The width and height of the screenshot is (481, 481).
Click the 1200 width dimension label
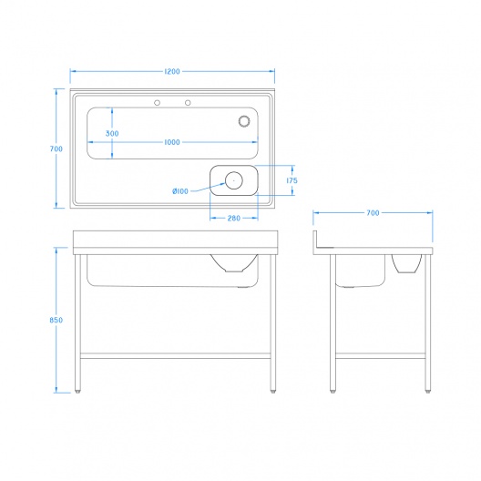pyautogui.click(x=172, y=71)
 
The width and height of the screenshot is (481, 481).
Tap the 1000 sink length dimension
pyautogui.click(x=172, y=142)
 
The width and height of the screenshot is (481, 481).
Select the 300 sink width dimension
pyautogui.click(x=112, y=133)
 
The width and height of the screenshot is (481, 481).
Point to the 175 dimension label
pyautogui.click(x=292, y=180)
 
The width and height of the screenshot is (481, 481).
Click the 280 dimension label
pyautogui.click(x=234, y=218)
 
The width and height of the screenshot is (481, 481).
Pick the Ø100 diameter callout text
pyautogui.click(x=180, y=191)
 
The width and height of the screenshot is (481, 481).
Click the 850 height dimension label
pyautogui.click(x=56, y=320)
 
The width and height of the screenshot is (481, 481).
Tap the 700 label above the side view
pyautogui.click(x=373, y=212)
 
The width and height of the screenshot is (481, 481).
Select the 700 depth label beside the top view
pyautogui.click(x=56, y=148)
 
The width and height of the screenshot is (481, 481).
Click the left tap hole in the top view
pyautogui.click(x=157, y=102)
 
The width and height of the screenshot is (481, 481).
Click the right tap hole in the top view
pyautogui.click(x=188, y=102)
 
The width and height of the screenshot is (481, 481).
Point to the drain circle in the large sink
pyautogui.click(x=244, y=121)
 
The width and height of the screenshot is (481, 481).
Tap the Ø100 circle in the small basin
pyautogui.click(x=234, y=180)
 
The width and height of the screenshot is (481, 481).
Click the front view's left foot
pyautogui.click(x=78, y=391)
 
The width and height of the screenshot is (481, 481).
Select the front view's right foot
pyautogui.click(x=273, y=391)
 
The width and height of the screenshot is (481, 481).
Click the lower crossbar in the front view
pyautogui.click(x=176, y=356)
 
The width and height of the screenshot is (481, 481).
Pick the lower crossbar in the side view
pyautogui.click(x=381, y=356)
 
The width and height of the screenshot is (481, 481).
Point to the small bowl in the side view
pyautogui.click(x=406, y=263)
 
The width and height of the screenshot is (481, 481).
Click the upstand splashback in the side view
pyautogui.click(x=315, y=242)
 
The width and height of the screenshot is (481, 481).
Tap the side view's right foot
pyautogui.click(x=428, y=391)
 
